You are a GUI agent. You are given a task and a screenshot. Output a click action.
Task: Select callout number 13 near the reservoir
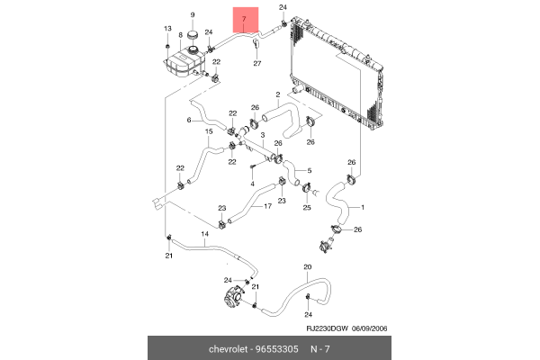point(166,30)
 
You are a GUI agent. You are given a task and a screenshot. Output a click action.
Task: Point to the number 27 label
point(256,63)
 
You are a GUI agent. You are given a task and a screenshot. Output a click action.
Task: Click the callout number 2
point(279,93)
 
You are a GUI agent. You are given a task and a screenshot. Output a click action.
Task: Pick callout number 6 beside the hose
point(189,120)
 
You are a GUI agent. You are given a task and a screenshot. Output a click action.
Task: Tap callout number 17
point(267,205)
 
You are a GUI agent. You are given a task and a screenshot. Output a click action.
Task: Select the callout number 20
point(307,267)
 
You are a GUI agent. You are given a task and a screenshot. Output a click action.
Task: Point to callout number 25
point(306,208)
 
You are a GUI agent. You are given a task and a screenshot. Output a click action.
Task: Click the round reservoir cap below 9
point(193,37)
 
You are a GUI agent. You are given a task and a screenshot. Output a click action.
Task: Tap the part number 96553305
point(275,347)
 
